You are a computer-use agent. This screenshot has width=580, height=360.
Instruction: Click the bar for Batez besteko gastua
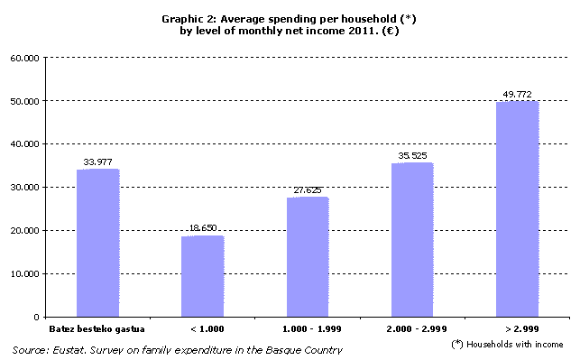click(x=97, y=243)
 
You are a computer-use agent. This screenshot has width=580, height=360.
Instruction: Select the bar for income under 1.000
click(x=202, y=276)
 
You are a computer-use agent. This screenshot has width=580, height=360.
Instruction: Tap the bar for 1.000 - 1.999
click(x=307, y=257)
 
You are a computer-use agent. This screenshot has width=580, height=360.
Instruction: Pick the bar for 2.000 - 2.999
click(x=411, y=240)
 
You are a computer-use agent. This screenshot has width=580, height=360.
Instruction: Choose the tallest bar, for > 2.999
click(x=517, y=208)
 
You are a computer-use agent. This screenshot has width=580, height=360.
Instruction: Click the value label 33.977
click(x=97, y=162)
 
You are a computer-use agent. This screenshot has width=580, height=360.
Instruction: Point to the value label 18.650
click(x=202, y=229)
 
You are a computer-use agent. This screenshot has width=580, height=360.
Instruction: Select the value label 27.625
click(x=307, y=190)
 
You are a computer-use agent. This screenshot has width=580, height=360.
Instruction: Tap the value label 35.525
click(x=411, y=155)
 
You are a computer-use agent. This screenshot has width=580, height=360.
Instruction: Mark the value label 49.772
click(x=517, y=94)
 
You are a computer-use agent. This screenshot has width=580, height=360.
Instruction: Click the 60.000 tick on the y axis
click(x=24, y=58)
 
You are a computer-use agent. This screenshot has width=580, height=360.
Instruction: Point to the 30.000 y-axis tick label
click(x=24, y=188)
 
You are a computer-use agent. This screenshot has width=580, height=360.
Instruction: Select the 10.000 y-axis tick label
click(x=24, y=274)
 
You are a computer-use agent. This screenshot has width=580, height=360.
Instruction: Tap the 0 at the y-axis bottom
click(x=36, y=318)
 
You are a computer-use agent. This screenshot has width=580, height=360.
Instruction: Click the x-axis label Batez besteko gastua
click(x=97, y=329)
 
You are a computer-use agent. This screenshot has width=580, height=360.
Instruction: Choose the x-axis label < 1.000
click(x=202, y=329)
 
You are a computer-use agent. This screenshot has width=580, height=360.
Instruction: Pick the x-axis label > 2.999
click(x=517, y=329)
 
